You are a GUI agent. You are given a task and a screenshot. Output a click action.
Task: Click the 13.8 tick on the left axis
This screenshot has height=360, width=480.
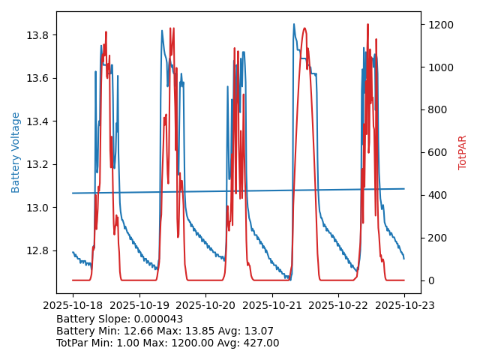tap(37, 35)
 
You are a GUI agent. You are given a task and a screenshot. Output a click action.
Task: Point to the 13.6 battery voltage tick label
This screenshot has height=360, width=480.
tap(37, 78)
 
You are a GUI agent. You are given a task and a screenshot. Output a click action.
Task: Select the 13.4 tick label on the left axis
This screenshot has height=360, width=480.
tap(37, 121)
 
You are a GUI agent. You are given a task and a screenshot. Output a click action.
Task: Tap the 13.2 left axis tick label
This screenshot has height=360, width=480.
tap(37, 164)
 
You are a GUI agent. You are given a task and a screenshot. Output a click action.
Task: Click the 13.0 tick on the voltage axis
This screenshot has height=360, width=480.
tap(37, 207)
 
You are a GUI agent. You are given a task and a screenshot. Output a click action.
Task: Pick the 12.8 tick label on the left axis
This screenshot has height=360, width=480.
tap(37, 250)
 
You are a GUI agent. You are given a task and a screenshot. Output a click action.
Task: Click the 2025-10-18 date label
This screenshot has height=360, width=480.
tap(73, 305)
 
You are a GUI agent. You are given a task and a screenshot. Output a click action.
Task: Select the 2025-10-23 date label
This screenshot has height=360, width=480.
tap(404, 305)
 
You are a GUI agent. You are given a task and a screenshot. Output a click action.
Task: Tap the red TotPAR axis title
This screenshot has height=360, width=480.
tap(463, 152)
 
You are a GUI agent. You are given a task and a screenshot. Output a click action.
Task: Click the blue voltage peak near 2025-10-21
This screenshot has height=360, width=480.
tap(294, 24)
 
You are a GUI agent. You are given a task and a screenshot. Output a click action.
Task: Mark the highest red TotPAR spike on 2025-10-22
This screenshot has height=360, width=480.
tap(367, 24)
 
